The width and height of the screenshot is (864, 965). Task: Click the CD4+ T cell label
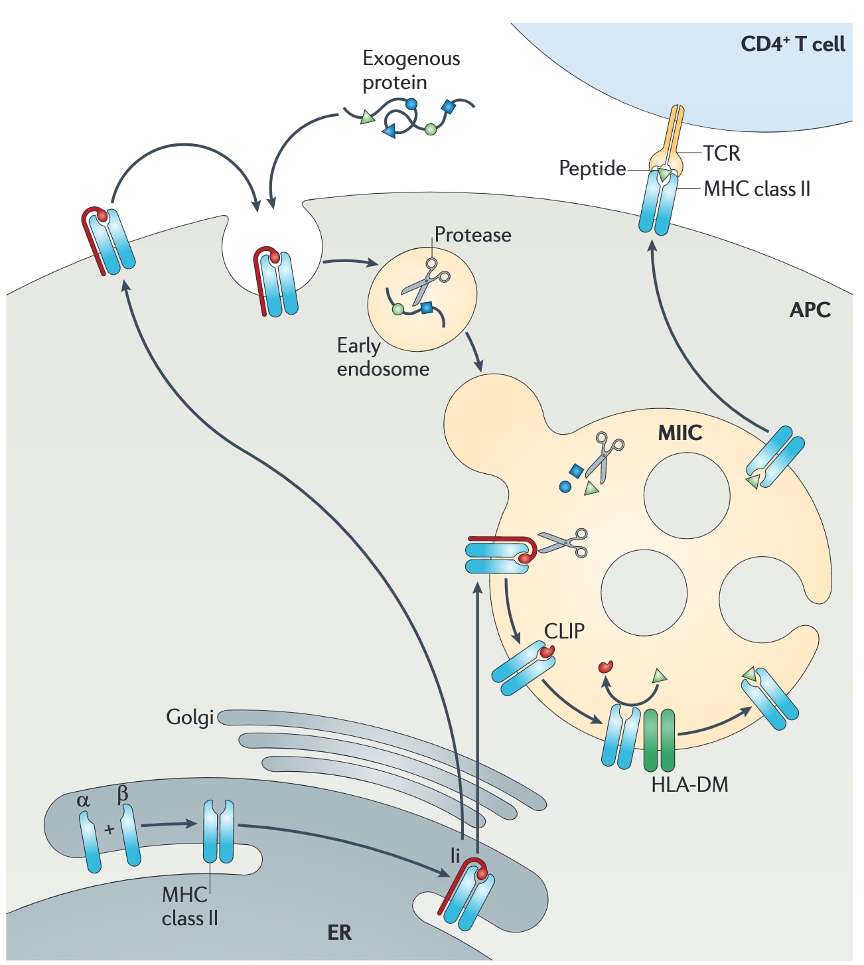point(792,44)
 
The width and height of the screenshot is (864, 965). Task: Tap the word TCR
point(721,153)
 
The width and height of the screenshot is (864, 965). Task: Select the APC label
point(810,310)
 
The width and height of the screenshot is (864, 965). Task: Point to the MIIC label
point(680,433)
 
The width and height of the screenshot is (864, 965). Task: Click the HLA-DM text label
point(689,784)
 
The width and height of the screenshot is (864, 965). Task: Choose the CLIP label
point(564,631)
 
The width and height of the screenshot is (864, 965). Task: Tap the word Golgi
point(190,717)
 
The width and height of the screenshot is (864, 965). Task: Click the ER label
point(339,932)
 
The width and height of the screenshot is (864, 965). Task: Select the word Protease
point(472,235)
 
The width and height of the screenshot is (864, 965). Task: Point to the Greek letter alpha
point(83,800)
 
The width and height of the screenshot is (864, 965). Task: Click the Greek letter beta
point(122,794)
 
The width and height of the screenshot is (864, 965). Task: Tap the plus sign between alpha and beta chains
point(109,829)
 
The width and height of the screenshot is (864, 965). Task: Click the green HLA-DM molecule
point(659,740)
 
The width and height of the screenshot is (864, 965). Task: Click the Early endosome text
point(383,357)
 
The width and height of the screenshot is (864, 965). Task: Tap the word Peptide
point(592,169)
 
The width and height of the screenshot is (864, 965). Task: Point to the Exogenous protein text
point(411,70)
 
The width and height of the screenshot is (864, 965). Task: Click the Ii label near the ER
point(455,856)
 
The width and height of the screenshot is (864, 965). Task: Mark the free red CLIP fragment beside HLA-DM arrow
point(605,666)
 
